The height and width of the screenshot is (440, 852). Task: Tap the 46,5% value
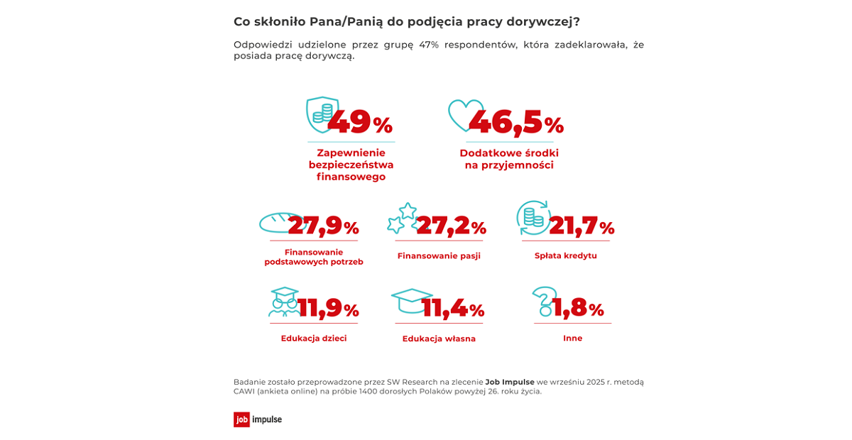coord(516,122)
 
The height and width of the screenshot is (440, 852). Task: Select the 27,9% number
coord(323,226)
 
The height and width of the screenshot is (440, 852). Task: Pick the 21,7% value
coord(581,226)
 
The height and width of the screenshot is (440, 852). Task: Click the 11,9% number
coord(328,308)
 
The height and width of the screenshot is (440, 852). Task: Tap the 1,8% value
coord(577,308)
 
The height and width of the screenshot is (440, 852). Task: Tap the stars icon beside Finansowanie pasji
coord(402,218)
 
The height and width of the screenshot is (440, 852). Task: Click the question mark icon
coord(544,301)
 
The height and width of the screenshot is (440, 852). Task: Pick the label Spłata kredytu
coord(565,255)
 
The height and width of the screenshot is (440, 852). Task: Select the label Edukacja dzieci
coord(314,339)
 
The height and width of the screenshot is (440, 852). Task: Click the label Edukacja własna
coord(439,339)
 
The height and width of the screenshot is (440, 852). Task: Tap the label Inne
coord(572,339)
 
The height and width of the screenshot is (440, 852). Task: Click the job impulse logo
coord(258,419)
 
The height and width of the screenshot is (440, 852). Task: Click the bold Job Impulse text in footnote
coord(510,382)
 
